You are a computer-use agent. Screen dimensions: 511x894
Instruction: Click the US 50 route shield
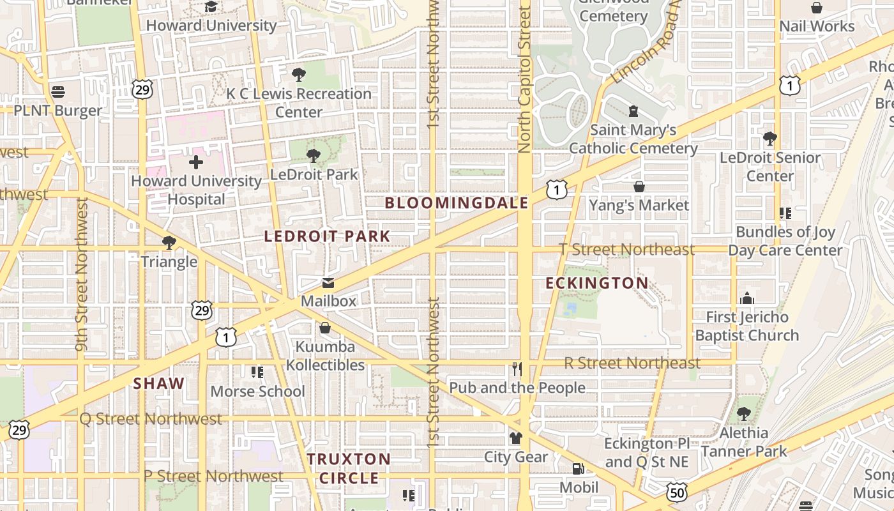click(677, 492)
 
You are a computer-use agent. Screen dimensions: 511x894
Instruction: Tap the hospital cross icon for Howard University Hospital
click(196, 162)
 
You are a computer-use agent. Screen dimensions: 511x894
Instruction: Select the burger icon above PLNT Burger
click(58, 92)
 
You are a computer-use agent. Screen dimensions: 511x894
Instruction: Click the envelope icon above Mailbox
click(328, 283)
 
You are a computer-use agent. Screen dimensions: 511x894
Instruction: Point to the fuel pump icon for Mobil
click(579, 469)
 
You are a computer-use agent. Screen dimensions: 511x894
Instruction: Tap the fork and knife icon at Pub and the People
click(517, 369)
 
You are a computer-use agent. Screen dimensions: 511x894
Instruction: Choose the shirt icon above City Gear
click(515, 438)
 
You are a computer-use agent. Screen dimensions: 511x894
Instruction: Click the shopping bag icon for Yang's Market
click(639, 187)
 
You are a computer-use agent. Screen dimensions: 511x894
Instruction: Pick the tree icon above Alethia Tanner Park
click(743, 414)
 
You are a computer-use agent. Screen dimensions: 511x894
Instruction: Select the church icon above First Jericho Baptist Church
click(746, 298)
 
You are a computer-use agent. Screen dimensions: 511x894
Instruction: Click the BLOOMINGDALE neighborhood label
click(457, 203)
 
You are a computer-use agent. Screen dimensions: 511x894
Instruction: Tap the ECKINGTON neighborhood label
click(597, 283)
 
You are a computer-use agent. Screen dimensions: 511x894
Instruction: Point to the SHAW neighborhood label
click(159, 384)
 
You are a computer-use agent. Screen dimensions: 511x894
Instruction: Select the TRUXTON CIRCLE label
click(349, 468)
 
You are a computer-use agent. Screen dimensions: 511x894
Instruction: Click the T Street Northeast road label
click(626, 250)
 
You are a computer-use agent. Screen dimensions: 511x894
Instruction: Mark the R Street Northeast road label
click(632, 363)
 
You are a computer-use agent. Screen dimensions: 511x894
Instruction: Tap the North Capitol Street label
click(525, 80)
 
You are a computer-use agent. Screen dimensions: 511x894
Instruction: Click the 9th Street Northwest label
click(81, 275)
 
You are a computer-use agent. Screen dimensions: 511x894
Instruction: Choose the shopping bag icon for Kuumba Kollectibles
click(325, 328)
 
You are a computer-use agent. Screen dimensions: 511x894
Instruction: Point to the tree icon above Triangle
click(169, 243)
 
